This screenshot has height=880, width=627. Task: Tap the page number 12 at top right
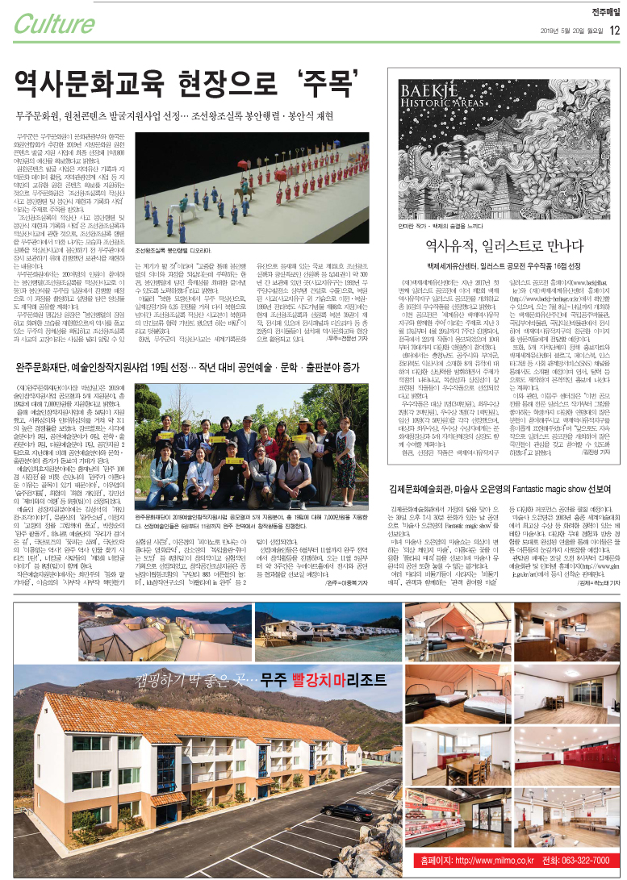tap(615, 31)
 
